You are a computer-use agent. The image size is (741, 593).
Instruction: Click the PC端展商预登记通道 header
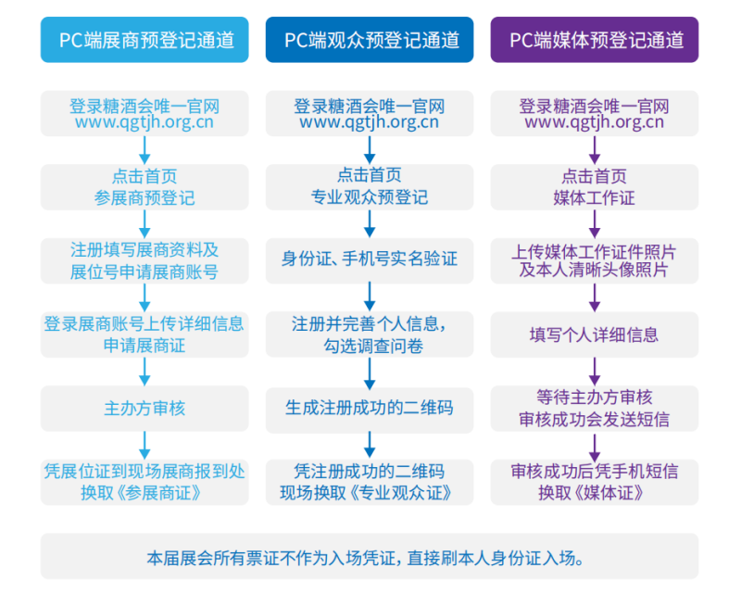(144, 40)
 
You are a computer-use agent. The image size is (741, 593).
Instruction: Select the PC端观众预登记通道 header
(370, 40)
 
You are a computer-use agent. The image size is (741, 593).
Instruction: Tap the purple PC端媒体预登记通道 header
(595, 40)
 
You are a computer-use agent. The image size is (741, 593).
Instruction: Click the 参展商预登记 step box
(144, 186)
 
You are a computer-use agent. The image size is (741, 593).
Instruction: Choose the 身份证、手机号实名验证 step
(370, 260)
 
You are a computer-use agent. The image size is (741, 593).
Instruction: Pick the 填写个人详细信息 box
(595, 334)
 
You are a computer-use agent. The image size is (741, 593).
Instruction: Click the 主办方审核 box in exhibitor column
(144, 408)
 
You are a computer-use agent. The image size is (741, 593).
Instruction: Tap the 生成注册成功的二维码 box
(370, 408)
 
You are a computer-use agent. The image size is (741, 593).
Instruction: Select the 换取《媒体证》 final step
(595, 482)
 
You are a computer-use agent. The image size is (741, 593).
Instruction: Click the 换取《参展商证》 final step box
(144, 482)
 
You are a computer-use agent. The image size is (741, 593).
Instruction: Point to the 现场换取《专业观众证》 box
(370, 482)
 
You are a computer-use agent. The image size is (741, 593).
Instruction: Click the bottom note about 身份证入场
(370, 558)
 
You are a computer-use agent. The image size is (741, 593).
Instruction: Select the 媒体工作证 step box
(595, 186)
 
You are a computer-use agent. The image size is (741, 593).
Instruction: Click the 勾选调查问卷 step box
(370, 334)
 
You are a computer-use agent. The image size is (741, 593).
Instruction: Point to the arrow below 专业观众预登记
(370, 222)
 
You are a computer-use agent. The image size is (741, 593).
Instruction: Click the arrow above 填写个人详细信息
(595, 296)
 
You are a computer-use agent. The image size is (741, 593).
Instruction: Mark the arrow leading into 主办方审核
(144, 371)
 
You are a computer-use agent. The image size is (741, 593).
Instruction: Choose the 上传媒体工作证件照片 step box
(595, 260)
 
